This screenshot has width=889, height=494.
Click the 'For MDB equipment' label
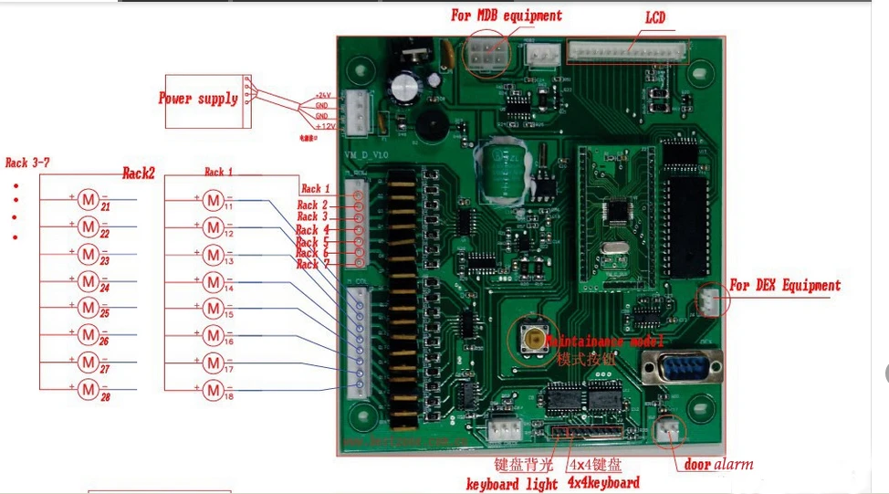coord(507,16)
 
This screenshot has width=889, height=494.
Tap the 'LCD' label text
coord(655,17)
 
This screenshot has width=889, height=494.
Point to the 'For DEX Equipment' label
coord(785,286)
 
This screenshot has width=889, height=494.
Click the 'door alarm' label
coord(719,464)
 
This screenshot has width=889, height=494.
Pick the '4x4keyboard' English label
coord(603,482)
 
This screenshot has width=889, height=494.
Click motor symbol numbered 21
coord(88,199)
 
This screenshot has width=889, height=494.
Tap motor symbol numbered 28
coord(88,390)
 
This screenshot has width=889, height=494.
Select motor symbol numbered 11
coord(213,199)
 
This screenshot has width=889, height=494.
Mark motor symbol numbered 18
coord(213,390)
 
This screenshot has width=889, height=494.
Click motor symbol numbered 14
coord(213,280)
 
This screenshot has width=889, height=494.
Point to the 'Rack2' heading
coord(139,173)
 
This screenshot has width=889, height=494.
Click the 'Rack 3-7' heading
coord(27,163)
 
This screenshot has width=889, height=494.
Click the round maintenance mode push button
coord(530,339)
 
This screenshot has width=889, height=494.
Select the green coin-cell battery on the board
coord(499,169)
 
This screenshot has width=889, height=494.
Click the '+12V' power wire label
coord(325,126)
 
